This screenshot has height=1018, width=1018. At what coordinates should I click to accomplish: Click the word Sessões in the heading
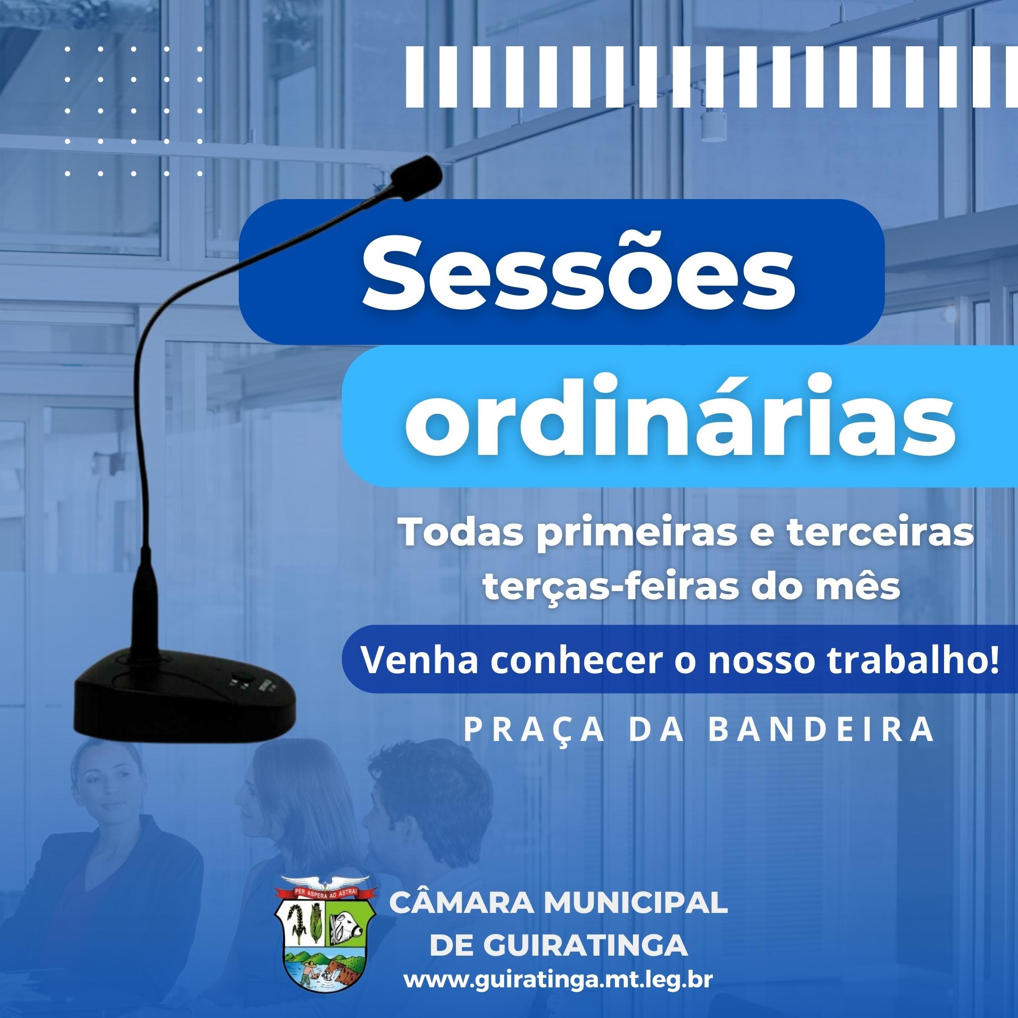579,274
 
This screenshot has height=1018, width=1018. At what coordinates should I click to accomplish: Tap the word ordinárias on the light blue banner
680,417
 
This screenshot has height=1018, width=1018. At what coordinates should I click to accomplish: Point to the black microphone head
416,172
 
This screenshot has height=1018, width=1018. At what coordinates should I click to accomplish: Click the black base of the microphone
184,693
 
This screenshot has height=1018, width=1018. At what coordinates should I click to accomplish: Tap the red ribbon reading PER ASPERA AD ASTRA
325,893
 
